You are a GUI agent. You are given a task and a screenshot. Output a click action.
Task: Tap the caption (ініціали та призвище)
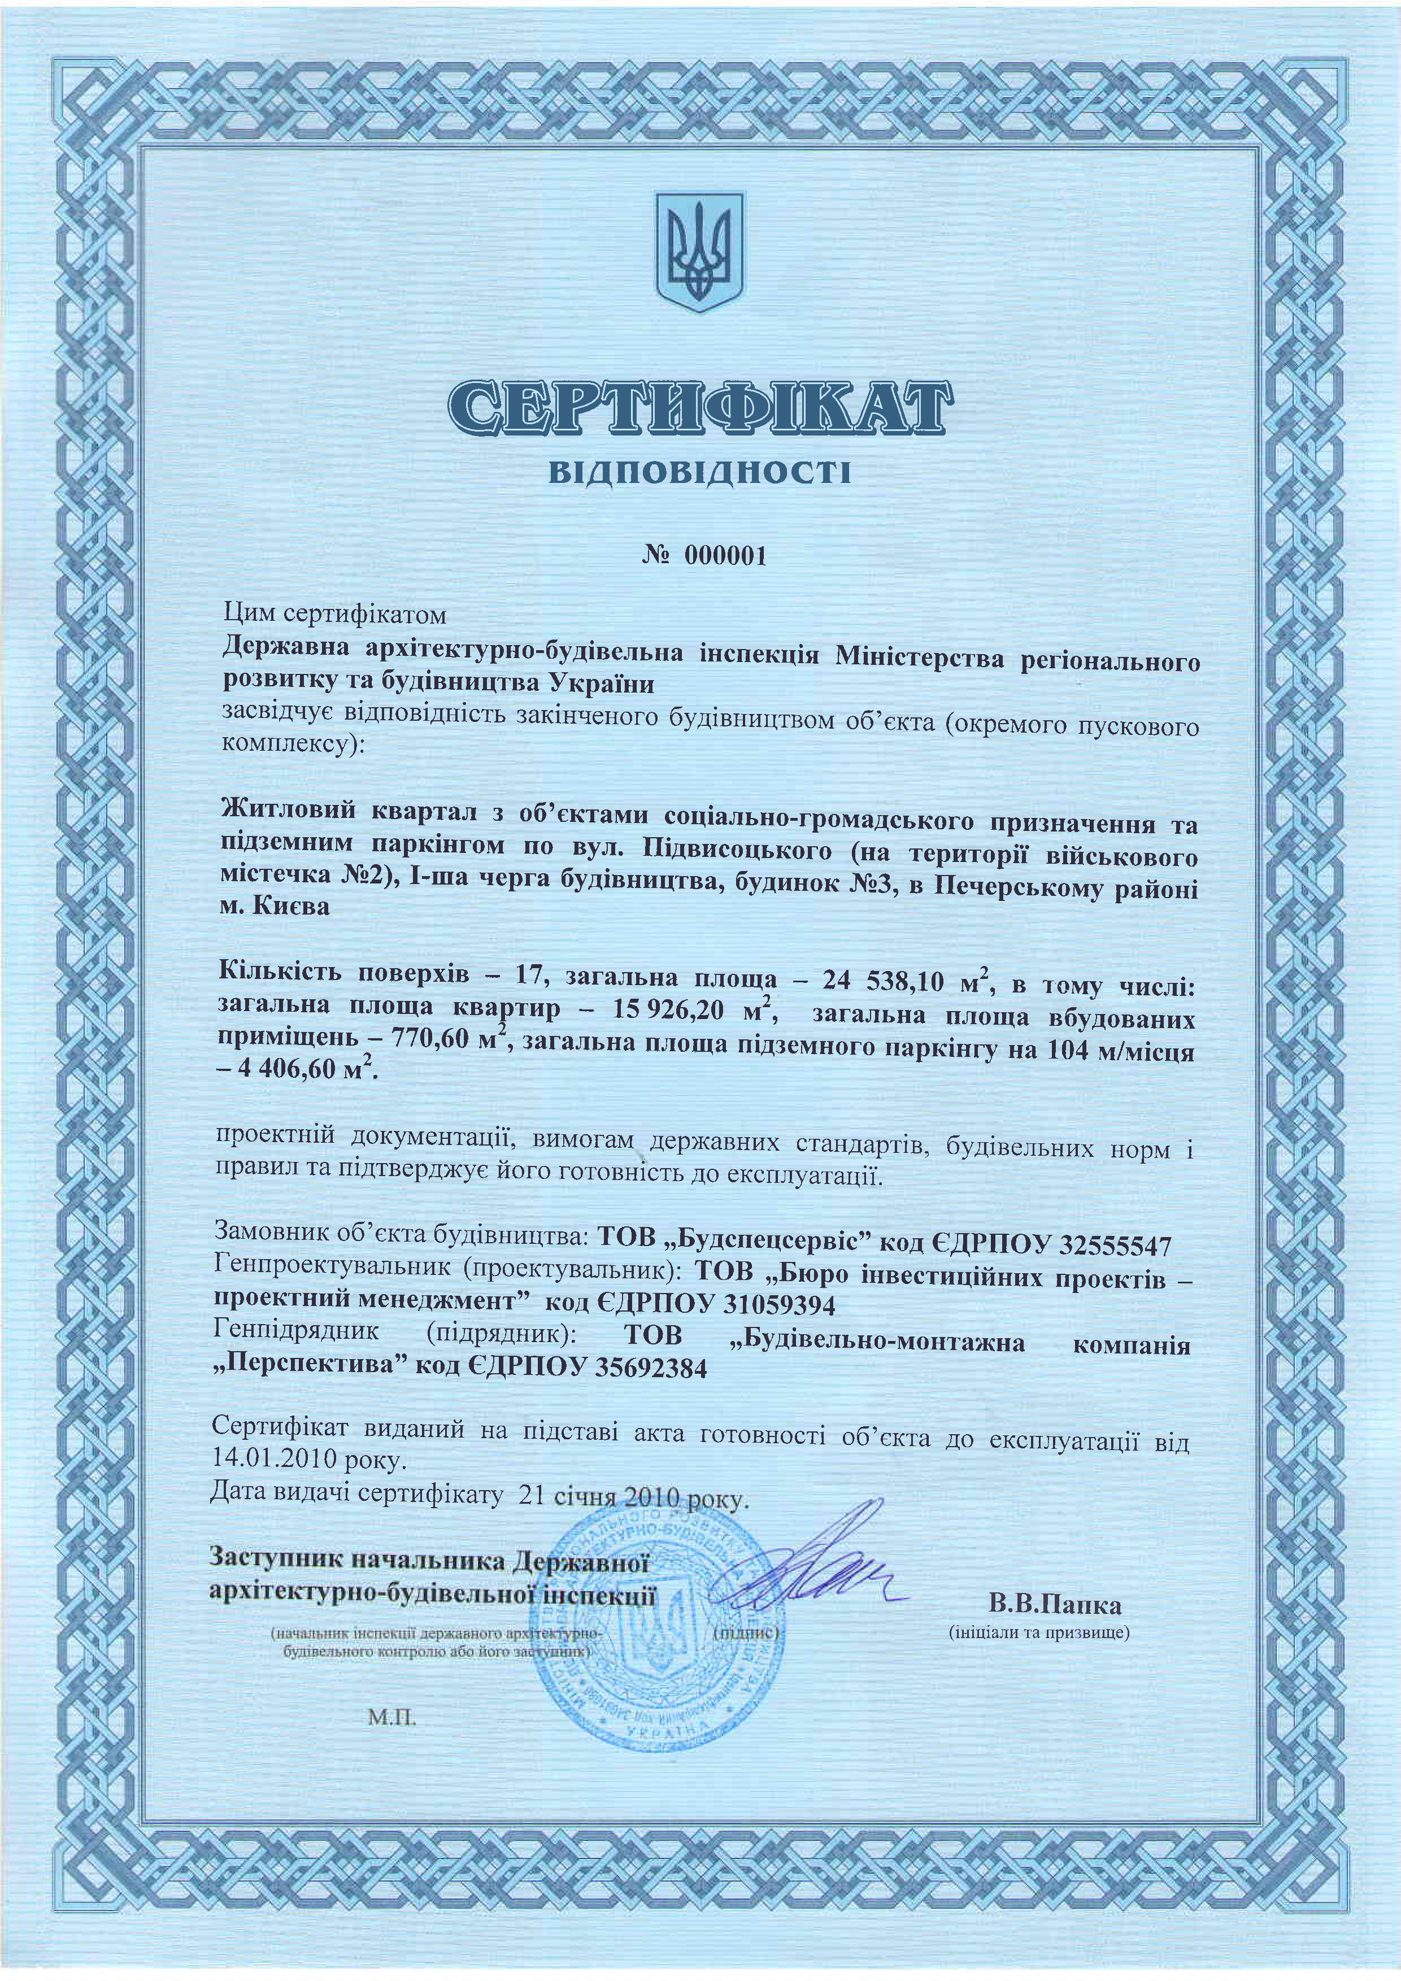pos(1039,1632)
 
